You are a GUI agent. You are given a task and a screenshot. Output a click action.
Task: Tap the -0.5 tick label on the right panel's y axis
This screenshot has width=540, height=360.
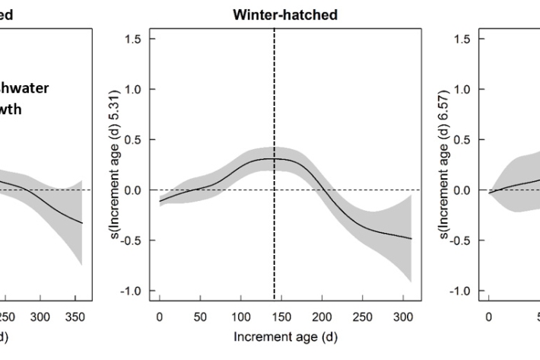465,241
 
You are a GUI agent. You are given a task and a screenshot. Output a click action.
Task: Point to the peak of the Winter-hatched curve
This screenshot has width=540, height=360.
274,158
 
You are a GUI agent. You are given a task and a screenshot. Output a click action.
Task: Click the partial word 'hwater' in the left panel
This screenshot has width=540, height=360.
24,88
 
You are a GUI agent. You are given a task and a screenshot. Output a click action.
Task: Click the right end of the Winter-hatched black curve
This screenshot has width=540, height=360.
411,239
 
